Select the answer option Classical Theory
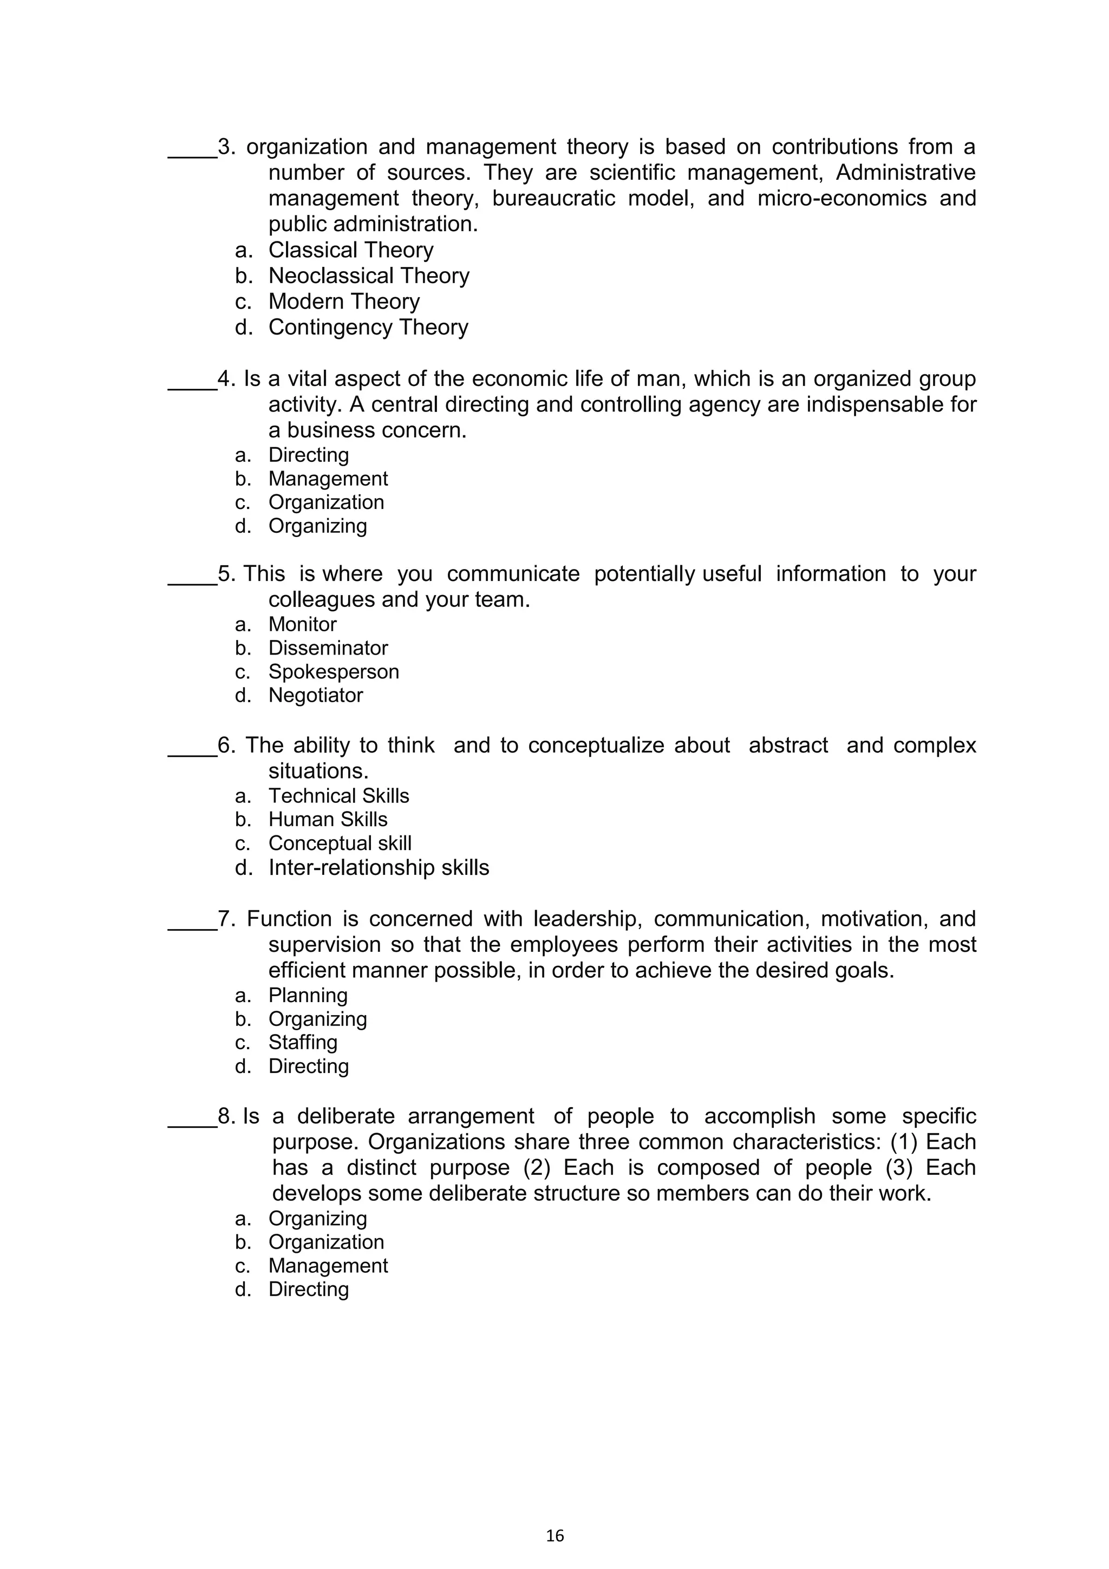(350, 250)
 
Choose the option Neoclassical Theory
(368, 276)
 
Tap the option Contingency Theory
(368, 328)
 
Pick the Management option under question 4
(328, 479)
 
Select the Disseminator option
(328, 648)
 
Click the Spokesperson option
(334, 672)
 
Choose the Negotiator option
(315, 696)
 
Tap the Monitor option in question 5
(302, 625)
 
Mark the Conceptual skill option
(340, 844)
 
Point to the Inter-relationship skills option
(379, 868)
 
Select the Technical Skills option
(338, 796)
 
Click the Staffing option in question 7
(303, 1042)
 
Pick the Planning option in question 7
(308, 996)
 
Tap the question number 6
(225, 746)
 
